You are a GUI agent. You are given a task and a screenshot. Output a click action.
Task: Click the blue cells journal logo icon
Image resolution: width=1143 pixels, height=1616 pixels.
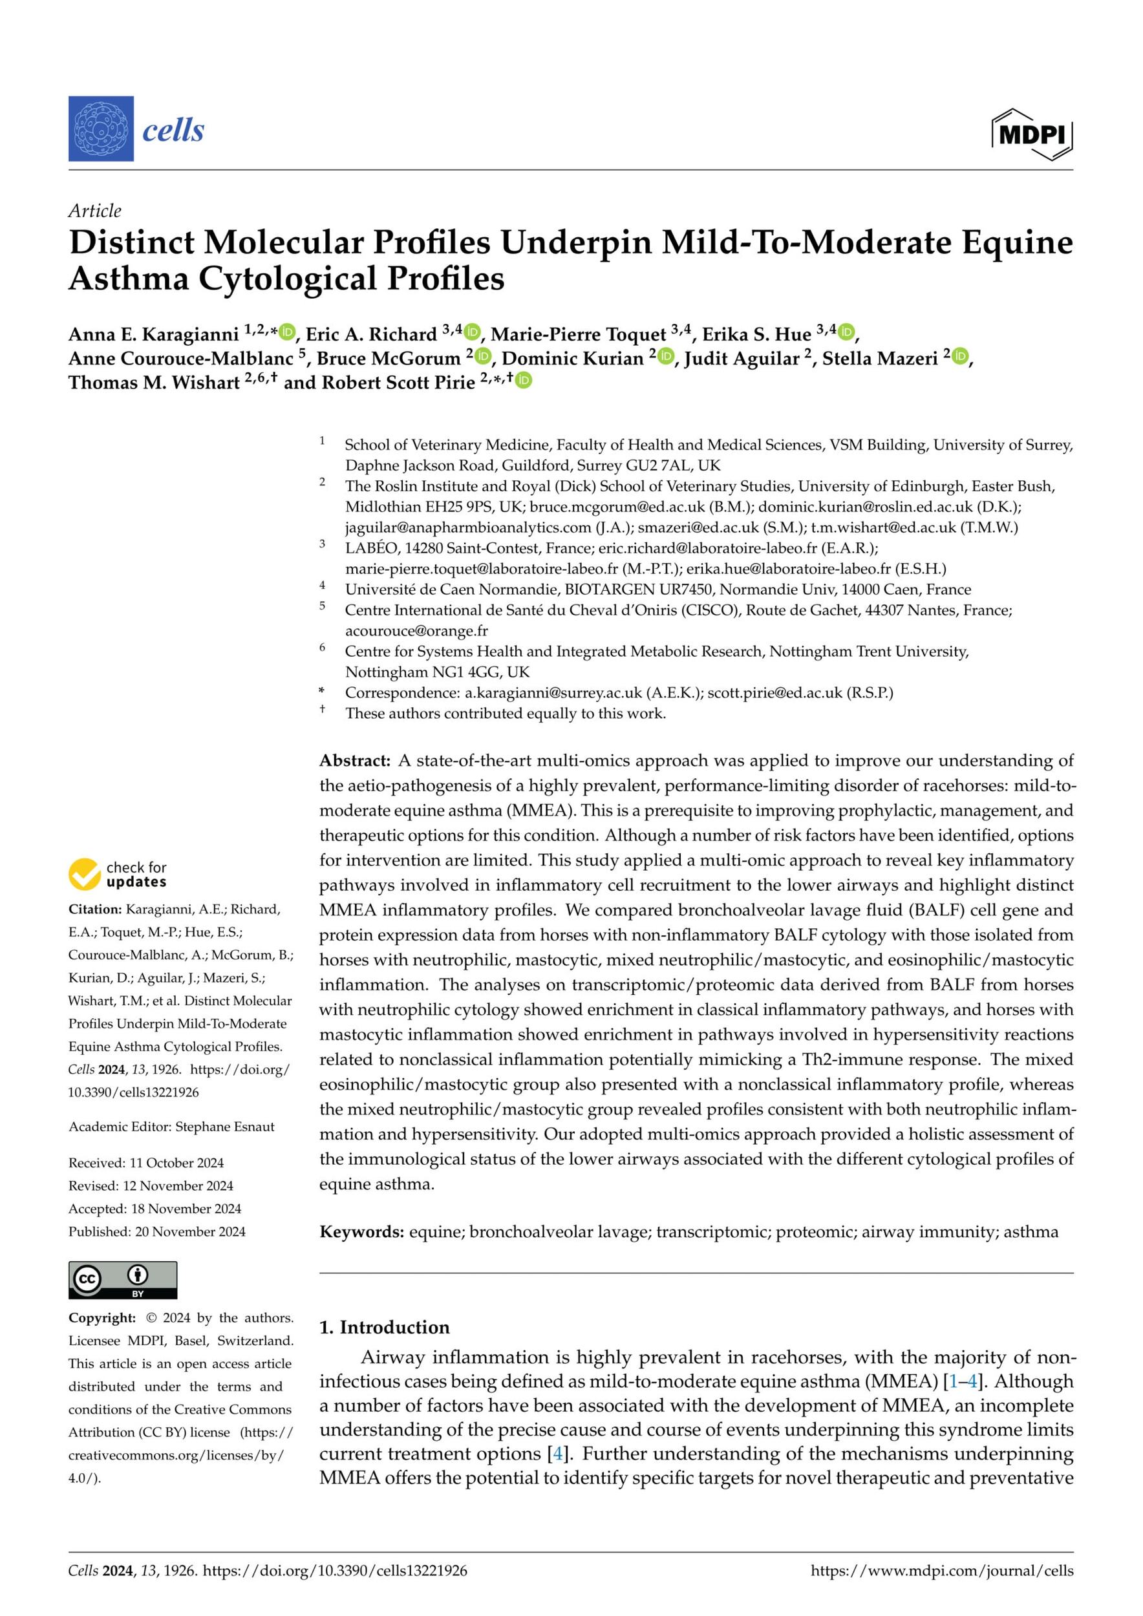click(x=101, y=129)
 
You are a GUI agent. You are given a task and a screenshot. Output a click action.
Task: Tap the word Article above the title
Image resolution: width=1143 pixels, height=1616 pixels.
click(x=94, y=211)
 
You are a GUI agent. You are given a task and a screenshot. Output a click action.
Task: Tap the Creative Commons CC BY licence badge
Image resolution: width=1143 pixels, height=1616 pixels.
click(x=122, y=1281)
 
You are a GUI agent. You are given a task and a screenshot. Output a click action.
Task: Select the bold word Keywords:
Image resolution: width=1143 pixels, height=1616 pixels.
click(x=361, y=1231)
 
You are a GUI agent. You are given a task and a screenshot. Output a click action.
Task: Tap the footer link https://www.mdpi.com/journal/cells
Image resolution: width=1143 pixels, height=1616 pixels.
click(x=942, y=1570)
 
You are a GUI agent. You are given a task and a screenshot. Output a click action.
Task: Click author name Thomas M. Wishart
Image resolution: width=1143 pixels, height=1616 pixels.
click(x=153, y=382)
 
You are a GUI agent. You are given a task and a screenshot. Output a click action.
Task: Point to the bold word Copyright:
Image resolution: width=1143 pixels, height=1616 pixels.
click(x=101, y=1317)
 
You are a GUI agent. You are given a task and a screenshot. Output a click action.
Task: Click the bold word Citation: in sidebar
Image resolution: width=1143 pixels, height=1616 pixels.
click(x=94, y=909)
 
